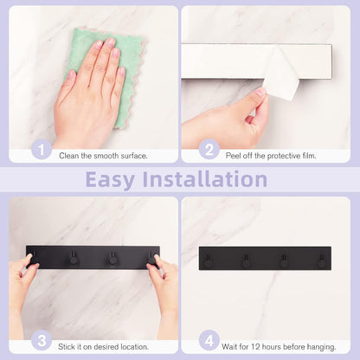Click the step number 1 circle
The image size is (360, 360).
pos(42,150)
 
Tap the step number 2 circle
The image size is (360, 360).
pos(209,150)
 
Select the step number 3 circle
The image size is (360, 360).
pos(42,341)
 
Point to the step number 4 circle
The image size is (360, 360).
pos(209,341)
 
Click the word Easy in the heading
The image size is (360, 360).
pos(110,180)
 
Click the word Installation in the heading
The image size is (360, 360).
pos(205,179)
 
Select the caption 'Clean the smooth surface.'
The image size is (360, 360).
pos(103,156)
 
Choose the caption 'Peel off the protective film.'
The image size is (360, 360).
pos(271,156)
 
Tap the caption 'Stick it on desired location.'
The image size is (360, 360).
pos(103,347)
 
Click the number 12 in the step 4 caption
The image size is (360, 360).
pos(256,346)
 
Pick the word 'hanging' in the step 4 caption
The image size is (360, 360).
pos(322,347)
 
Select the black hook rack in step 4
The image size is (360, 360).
pos(265,258)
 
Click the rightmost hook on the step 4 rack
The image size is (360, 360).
pos(321,260)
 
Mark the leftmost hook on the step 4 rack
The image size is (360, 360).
pos(209,260)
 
